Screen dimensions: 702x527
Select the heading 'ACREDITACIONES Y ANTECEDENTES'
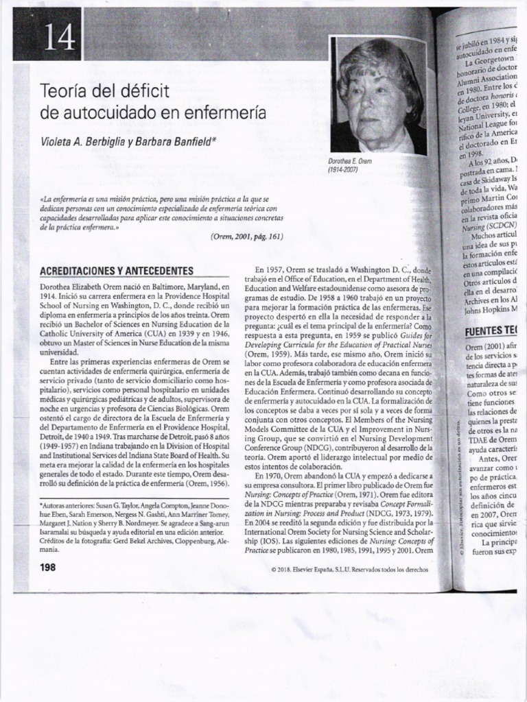117,271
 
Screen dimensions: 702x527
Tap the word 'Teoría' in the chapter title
66,91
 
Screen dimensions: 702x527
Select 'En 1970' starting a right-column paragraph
268,476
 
